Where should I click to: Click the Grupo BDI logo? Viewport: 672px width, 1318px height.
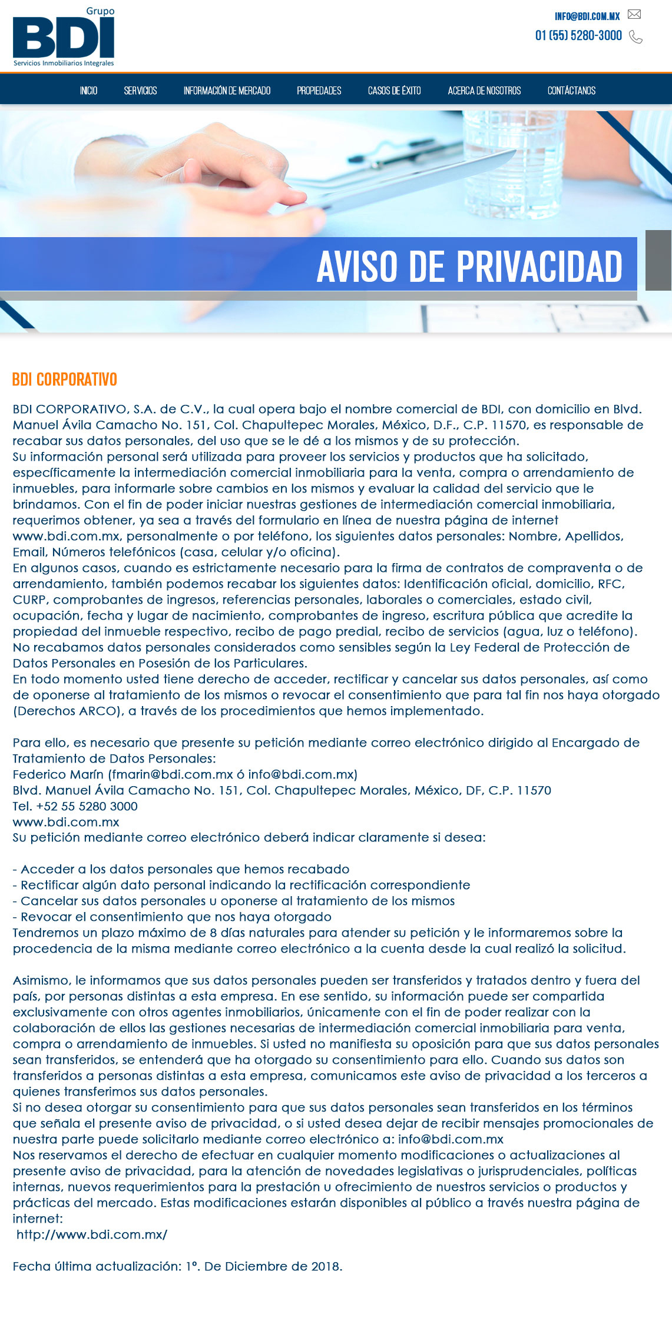(x=64, y=38)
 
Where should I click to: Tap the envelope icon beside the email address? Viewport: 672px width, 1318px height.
(x=634, y=15)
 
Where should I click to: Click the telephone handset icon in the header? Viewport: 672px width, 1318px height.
(x=635, y=37)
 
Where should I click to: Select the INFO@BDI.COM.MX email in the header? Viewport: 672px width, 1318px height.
(x=587, y=16)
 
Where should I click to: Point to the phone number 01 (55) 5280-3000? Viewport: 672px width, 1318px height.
(x=578, y=36)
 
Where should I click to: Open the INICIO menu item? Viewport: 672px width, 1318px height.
(x=89, y=91)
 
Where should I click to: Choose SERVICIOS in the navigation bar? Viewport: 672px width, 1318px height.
(x=140, y=91)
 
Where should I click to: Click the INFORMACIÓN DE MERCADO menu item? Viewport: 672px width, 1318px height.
(x=227, y=91)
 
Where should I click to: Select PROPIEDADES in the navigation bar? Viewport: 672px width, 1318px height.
(x=319, y=91)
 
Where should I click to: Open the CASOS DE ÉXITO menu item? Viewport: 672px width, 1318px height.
(x=395, y=91)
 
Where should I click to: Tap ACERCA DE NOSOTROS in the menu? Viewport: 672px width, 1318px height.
(x=484, y=91)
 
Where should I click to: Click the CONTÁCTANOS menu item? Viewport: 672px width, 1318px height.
(x=571, y=91)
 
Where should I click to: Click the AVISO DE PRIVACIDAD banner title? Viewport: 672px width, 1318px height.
(x=469, y=267)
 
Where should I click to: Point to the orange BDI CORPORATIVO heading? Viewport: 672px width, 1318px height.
(x=65, y=380)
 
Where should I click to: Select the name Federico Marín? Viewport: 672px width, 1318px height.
(x=58, y=774)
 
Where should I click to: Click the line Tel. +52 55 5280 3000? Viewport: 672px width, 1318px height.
(x=75, y=806)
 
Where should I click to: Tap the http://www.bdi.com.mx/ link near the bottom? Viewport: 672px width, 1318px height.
(x=92, y=1234)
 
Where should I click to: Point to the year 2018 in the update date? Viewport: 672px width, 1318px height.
(x=325, y=1266)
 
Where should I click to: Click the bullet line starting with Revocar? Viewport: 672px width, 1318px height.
(x=172, y=917)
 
